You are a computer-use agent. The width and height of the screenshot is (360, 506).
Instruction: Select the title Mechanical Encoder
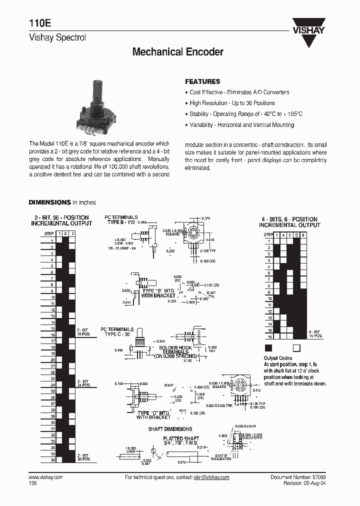click(177, 52)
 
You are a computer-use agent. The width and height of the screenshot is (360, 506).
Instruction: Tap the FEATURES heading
click(202, 81)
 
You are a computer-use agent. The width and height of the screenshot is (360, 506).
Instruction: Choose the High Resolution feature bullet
click(234, 103)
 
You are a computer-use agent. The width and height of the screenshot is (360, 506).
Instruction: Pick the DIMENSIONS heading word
click(49, 202)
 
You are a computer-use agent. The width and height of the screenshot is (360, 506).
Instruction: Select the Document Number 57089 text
click(298, 477)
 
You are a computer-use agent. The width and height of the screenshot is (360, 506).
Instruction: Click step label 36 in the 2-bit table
click(52, 459)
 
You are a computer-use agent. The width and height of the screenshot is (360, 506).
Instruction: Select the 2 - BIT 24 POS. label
click(84, 382)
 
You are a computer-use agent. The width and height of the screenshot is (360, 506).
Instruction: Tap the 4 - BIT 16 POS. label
click(315, 333)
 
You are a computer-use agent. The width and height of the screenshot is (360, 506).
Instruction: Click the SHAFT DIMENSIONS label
click(170, 429)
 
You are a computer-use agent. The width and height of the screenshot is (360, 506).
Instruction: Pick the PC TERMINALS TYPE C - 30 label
click(118, 331)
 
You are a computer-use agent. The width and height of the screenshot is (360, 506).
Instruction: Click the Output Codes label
click(277, 358)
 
